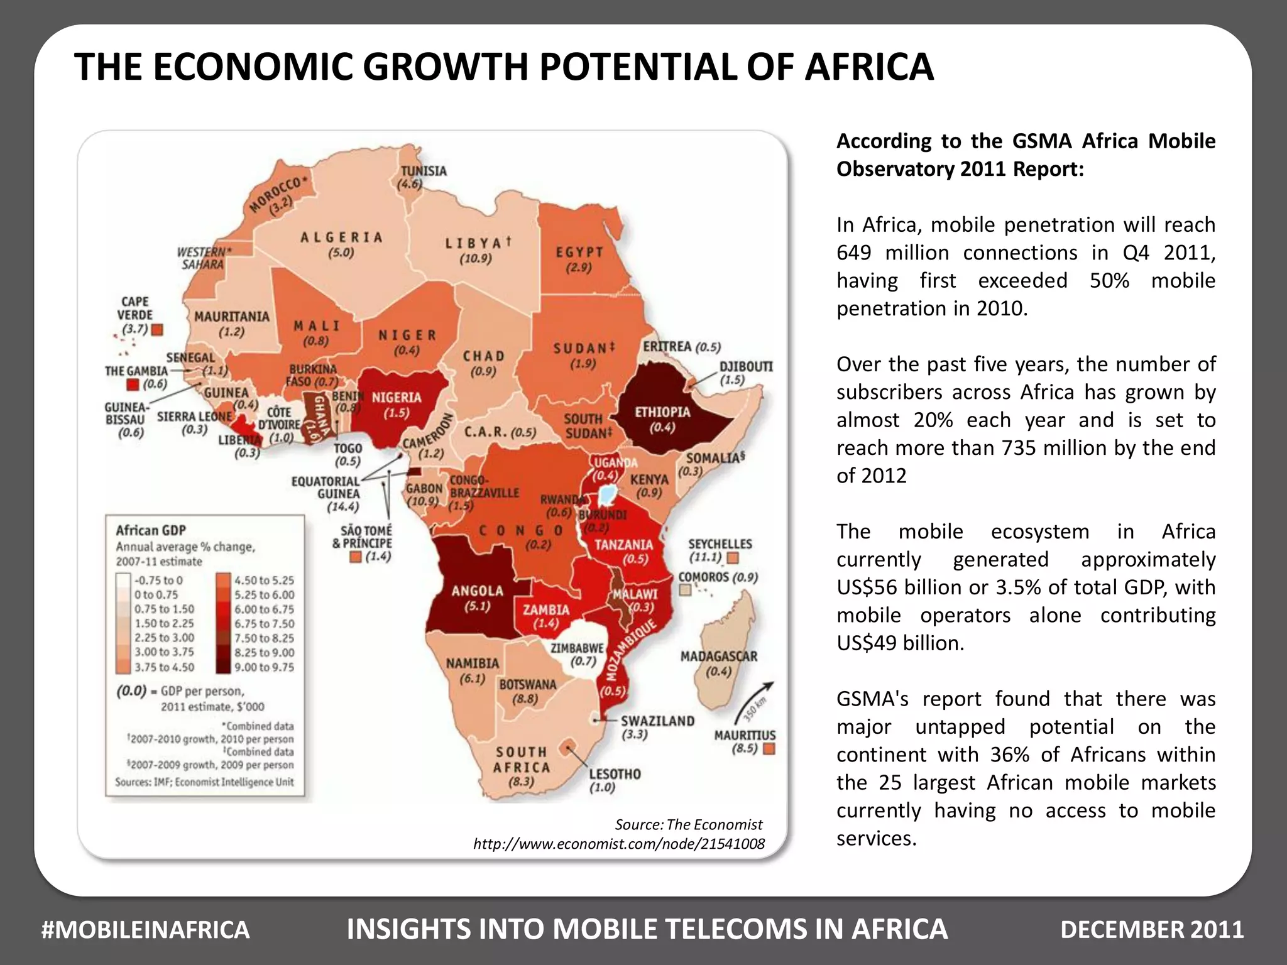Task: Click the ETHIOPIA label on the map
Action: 662,413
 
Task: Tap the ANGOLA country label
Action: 477,591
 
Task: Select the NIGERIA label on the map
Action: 397,398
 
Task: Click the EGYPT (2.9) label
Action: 579,259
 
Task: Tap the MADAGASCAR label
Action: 719,657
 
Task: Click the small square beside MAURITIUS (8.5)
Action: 769,749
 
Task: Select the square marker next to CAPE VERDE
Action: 158,330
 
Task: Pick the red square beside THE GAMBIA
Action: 133,384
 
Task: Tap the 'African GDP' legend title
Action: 151,530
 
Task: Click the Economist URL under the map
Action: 618,844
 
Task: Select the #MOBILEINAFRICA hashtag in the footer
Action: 145,930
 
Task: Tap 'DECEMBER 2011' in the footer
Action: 1152,930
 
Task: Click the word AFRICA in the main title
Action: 869,67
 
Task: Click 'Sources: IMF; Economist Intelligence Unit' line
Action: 204,782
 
